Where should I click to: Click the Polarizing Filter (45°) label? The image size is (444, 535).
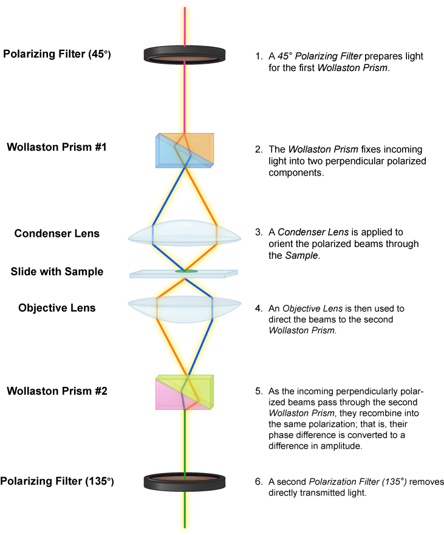tap(57, 54)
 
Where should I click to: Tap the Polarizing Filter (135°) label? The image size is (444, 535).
tap(57, 481)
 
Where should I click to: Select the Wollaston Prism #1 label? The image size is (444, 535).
tap(56, 147)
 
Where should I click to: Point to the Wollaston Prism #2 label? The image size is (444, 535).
tap(57, 391)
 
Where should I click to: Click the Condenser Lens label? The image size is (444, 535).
tap(57, 233)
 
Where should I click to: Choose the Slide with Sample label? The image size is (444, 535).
tap(57, 271)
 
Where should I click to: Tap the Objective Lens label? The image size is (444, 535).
tap(57, 308)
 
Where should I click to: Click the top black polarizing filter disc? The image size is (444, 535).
tap(185, 55)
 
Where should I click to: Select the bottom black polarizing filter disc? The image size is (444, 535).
tap(185, 482)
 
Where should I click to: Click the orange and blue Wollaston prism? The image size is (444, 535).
tap(185, 151)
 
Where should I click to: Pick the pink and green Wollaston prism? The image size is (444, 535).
tap(185, 392)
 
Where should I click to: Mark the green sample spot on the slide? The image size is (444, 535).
tap(186, 271)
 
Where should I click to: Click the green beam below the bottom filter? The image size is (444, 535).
tap(185, 509)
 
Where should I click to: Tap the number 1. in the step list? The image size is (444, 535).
tap(259, 56)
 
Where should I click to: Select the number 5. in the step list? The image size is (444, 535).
tap(259, 391)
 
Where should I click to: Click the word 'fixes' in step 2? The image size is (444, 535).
tap(370, 149)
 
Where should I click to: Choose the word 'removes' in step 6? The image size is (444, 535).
tap(426, 482)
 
